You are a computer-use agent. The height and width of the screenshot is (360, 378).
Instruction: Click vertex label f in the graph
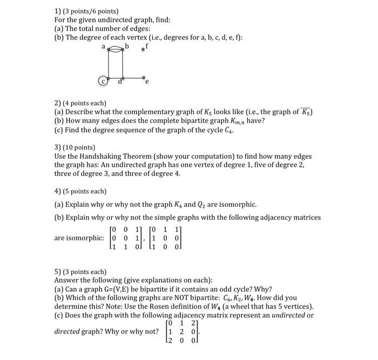tap(147, 47)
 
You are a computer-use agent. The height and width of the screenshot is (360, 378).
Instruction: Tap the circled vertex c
tap(101, 81)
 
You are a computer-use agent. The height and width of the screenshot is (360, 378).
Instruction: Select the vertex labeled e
tap(146, 83)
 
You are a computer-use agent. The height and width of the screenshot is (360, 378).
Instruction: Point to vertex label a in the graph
tap(104, 47)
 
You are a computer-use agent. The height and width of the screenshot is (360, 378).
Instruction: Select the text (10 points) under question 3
tap(79, 147)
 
